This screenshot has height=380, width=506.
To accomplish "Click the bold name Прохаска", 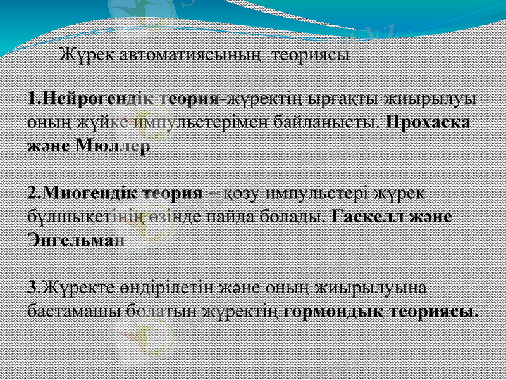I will click(x=427, y=122).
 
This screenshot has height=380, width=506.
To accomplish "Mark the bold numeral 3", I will click(x=32, y=287).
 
